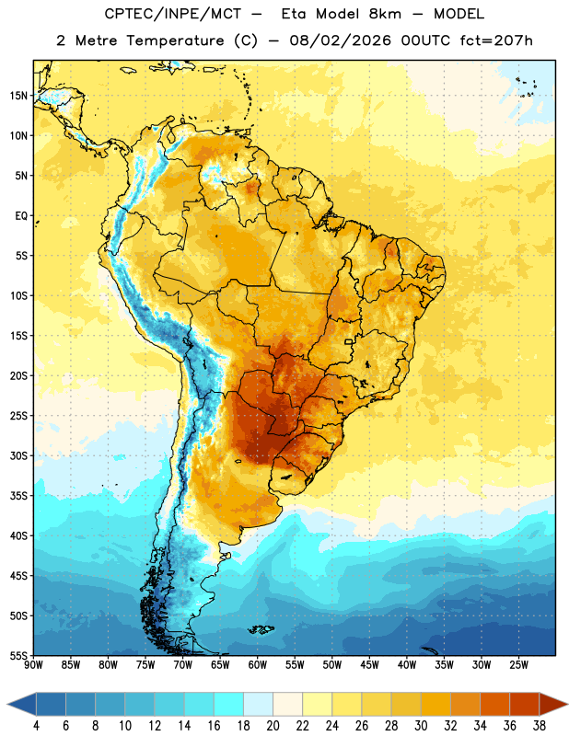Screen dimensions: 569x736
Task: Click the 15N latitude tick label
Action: point(18,96)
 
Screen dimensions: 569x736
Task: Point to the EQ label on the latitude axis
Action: point(21,216)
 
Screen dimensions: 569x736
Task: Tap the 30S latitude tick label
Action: point(18,455)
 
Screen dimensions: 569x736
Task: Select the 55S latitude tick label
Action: point(18,655)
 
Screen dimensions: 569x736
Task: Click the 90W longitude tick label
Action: point(34,665)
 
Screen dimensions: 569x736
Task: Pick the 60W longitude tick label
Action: point(258,665)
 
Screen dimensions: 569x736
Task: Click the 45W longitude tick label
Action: point(369,665)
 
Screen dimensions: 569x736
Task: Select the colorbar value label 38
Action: point(539,726)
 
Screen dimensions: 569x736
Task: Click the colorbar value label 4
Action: point(36,726)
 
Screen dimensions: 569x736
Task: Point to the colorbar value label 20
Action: point(273,726)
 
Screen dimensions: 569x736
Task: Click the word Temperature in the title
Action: point(176,40)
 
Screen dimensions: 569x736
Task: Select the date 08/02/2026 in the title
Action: point(340,40)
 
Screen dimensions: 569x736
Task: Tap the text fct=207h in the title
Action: point(496,40)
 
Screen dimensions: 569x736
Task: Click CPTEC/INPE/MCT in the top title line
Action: point(173,14)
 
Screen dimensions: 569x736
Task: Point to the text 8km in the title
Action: point(385,14)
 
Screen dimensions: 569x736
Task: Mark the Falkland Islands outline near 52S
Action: point(261,629)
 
